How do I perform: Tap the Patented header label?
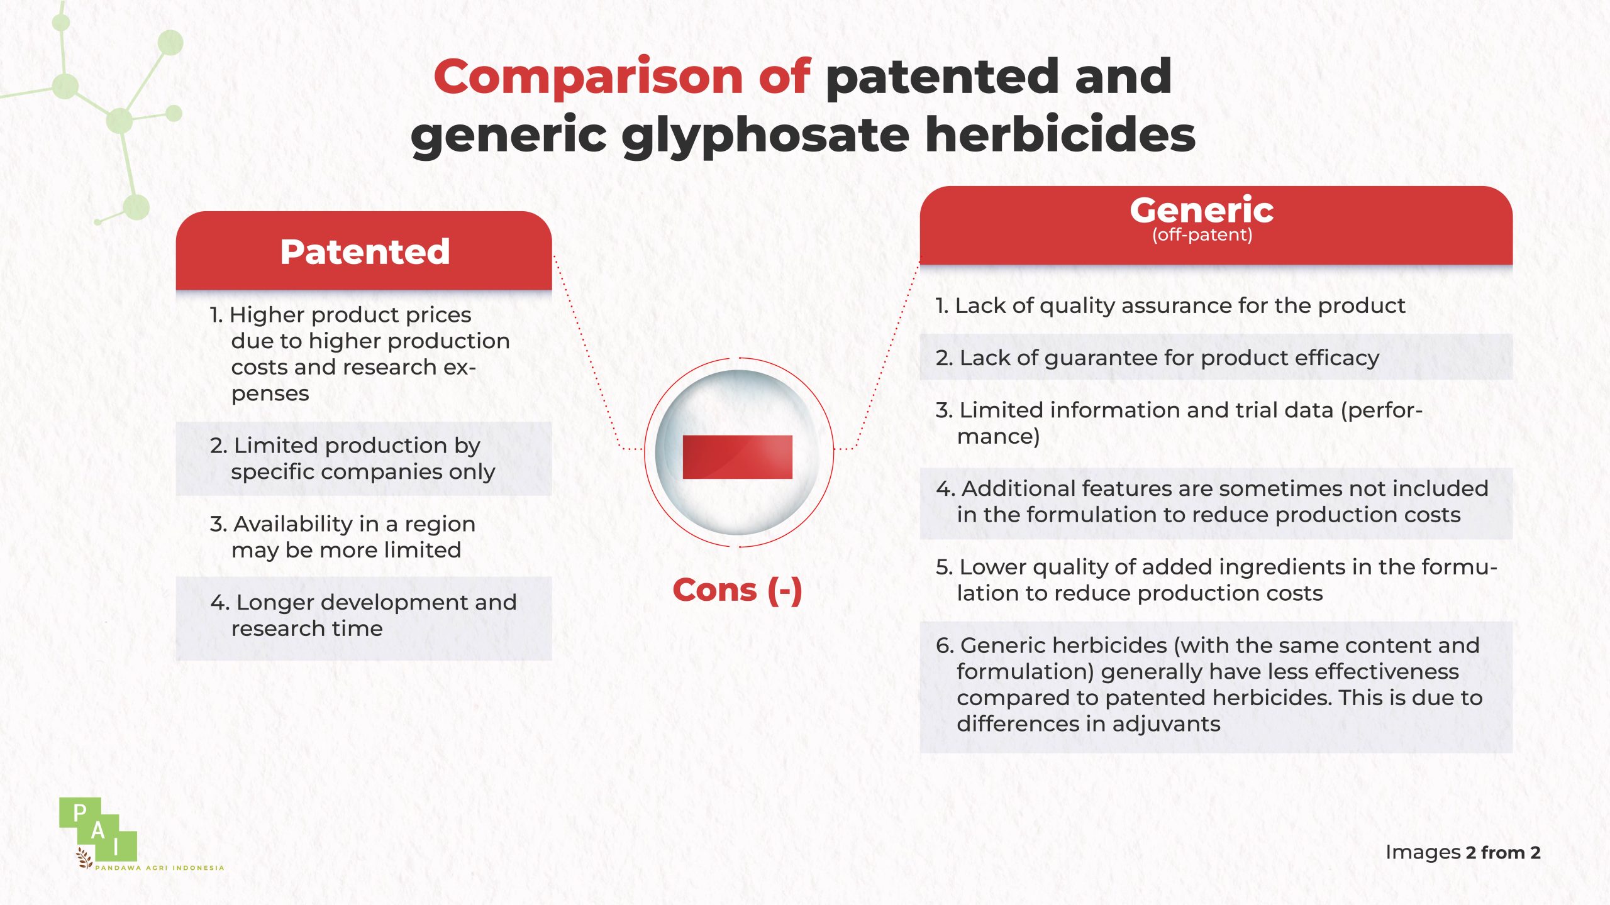pos(365,251)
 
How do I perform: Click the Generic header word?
pos(1202,209)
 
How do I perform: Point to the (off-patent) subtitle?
pos(1202,235)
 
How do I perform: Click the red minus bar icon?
pos(737,457)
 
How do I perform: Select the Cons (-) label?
pos(737,590)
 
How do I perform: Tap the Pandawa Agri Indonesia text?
pos(159,868)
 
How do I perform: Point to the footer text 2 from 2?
pos(1502,853)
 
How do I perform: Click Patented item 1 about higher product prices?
pos(360,354)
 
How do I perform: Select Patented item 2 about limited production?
pos(353,459)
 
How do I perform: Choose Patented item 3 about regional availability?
pos(343,537)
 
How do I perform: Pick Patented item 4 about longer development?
pos(364,615)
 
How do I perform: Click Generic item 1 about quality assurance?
pos(1170,305)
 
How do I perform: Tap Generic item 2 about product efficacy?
pos(1157,358)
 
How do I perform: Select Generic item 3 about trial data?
pos(1179,423)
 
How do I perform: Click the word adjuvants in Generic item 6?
pos(1167,725)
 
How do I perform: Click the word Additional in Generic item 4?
pos(1016,488)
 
